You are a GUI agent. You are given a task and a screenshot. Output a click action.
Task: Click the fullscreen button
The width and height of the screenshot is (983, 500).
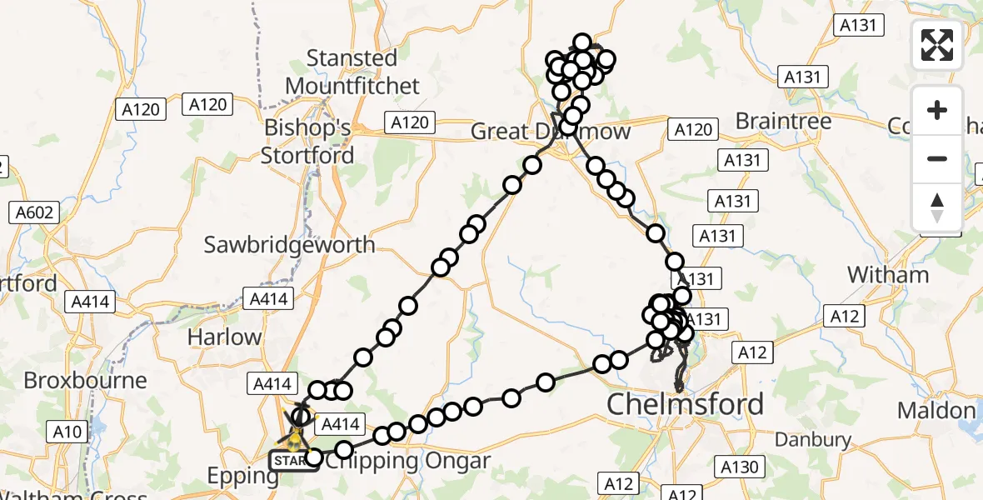point(937,45)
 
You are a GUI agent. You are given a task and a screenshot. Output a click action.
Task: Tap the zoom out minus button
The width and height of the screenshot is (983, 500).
point(937,158)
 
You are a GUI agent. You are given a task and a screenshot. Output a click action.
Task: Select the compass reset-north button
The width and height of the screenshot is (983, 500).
point(937,207)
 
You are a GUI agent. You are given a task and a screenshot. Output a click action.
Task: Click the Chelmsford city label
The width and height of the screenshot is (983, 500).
point(685,404)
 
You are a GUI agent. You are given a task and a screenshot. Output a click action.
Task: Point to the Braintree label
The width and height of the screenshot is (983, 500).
point(783,122)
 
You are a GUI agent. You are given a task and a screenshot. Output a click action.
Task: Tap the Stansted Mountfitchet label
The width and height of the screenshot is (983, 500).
point(352,72)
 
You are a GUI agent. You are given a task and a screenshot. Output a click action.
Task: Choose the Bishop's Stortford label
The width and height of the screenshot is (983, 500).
point(307,142)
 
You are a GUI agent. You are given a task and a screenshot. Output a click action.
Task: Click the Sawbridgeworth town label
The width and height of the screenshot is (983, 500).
point(290,245)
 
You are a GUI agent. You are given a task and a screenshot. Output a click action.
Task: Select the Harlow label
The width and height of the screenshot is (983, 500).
point(224,337)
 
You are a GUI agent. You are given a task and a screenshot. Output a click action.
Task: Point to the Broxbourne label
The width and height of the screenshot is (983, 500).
point(85,380)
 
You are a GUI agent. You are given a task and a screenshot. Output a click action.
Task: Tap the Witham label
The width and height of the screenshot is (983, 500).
point(887,274)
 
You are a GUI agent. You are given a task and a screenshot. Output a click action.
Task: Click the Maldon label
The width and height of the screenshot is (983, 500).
point(936,410)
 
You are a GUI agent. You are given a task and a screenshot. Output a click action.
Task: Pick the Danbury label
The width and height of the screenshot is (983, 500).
point(813,439)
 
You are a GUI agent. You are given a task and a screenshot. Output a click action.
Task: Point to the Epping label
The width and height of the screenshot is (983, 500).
point(243,477)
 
